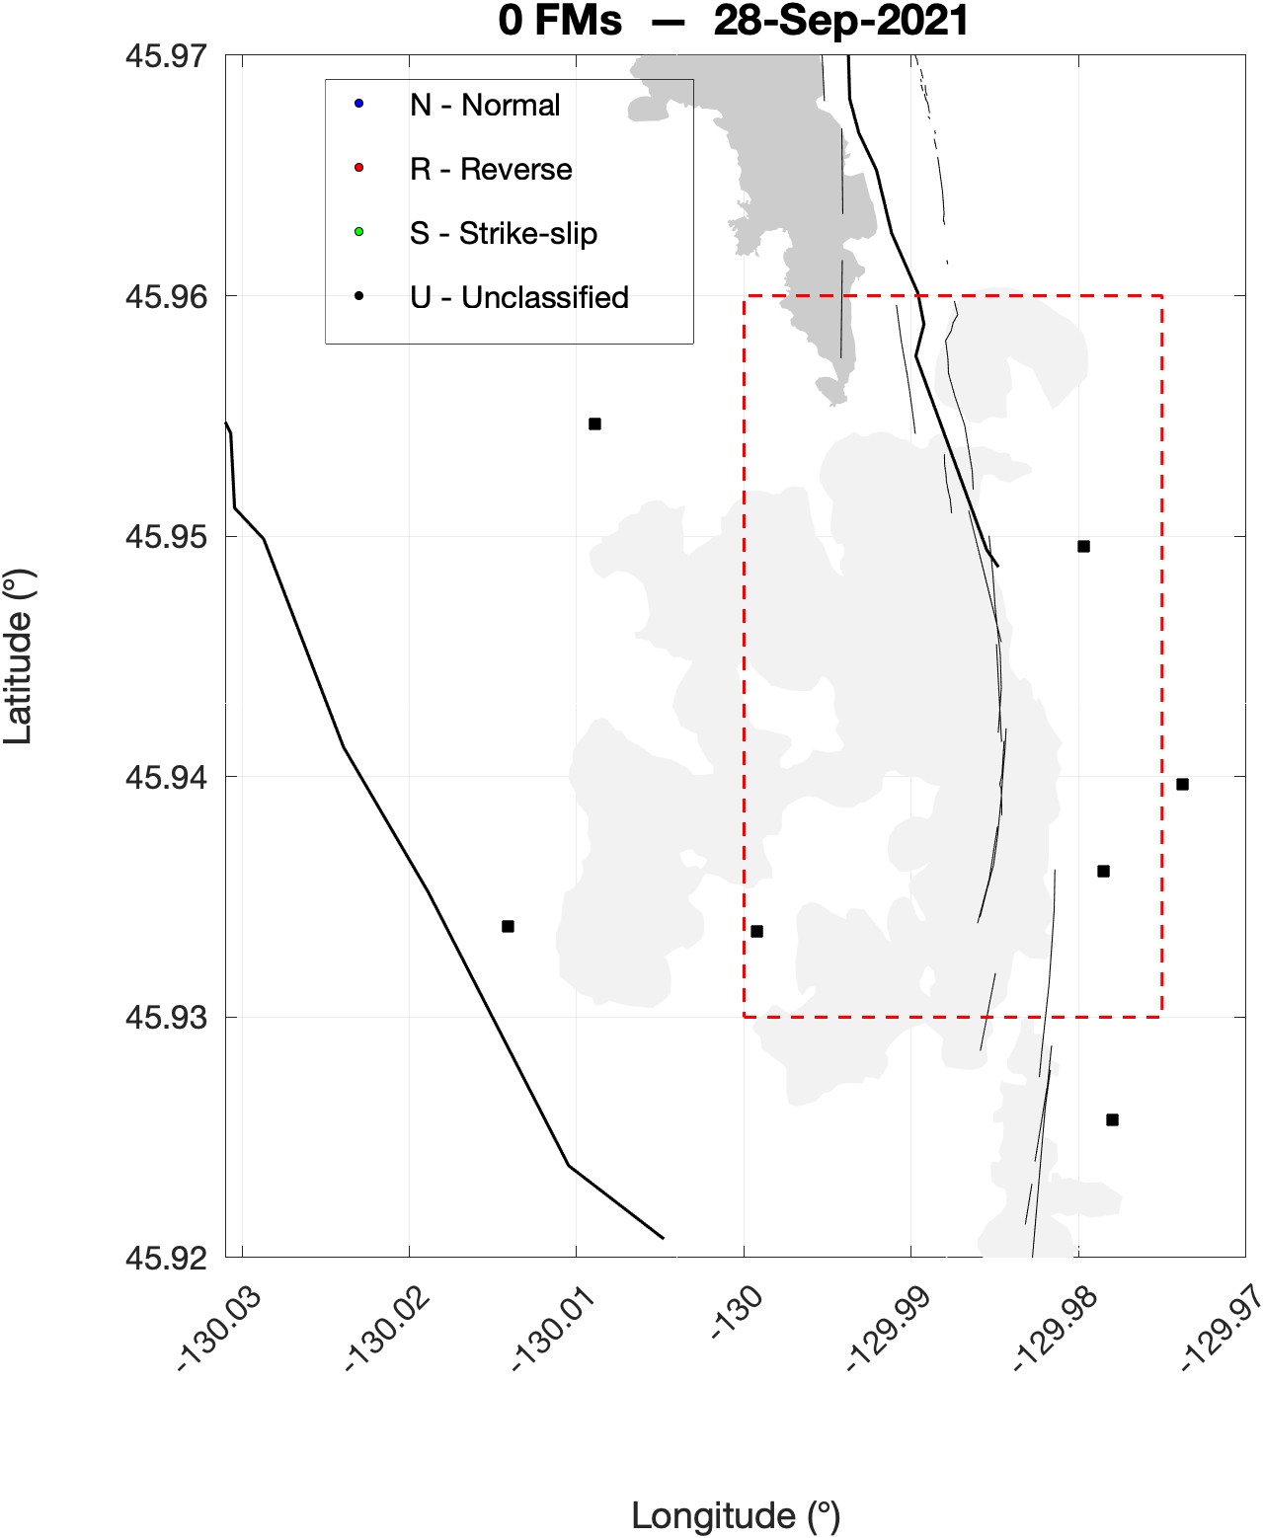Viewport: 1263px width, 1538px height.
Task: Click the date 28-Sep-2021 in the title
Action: [x=840, y=20]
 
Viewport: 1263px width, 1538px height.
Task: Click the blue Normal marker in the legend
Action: [x=359, y=104]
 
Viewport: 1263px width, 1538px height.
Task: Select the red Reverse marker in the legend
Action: [x=359, y=168]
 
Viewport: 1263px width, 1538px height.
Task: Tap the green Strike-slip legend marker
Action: [x=359, y=232]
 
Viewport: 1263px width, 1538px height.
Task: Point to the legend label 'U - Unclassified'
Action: [x=518, y=297]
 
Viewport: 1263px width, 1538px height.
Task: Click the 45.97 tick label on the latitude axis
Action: [x=166, y=55]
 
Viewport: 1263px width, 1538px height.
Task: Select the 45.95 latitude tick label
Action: [x=166, y=536]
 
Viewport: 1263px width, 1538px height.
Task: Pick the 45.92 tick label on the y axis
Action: [x=166, y=1258]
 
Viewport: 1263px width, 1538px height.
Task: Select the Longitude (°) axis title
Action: [x=736, y=1515]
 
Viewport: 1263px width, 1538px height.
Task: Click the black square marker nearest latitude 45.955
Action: [x=594, y=424]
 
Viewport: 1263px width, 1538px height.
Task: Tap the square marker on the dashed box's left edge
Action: [x=756, y=931]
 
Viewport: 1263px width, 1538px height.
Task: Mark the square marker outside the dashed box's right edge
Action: [x=1182, y=785]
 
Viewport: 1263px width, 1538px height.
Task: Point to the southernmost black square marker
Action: [x=1112, y=1119]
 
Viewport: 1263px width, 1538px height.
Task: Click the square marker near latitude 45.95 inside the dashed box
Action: [x=1083, y=546]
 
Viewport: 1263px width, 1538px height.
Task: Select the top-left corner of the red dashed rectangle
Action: [x=744, y=295]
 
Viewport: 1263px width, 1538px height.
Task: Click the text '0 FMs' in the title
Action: [x=560, y=20]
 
